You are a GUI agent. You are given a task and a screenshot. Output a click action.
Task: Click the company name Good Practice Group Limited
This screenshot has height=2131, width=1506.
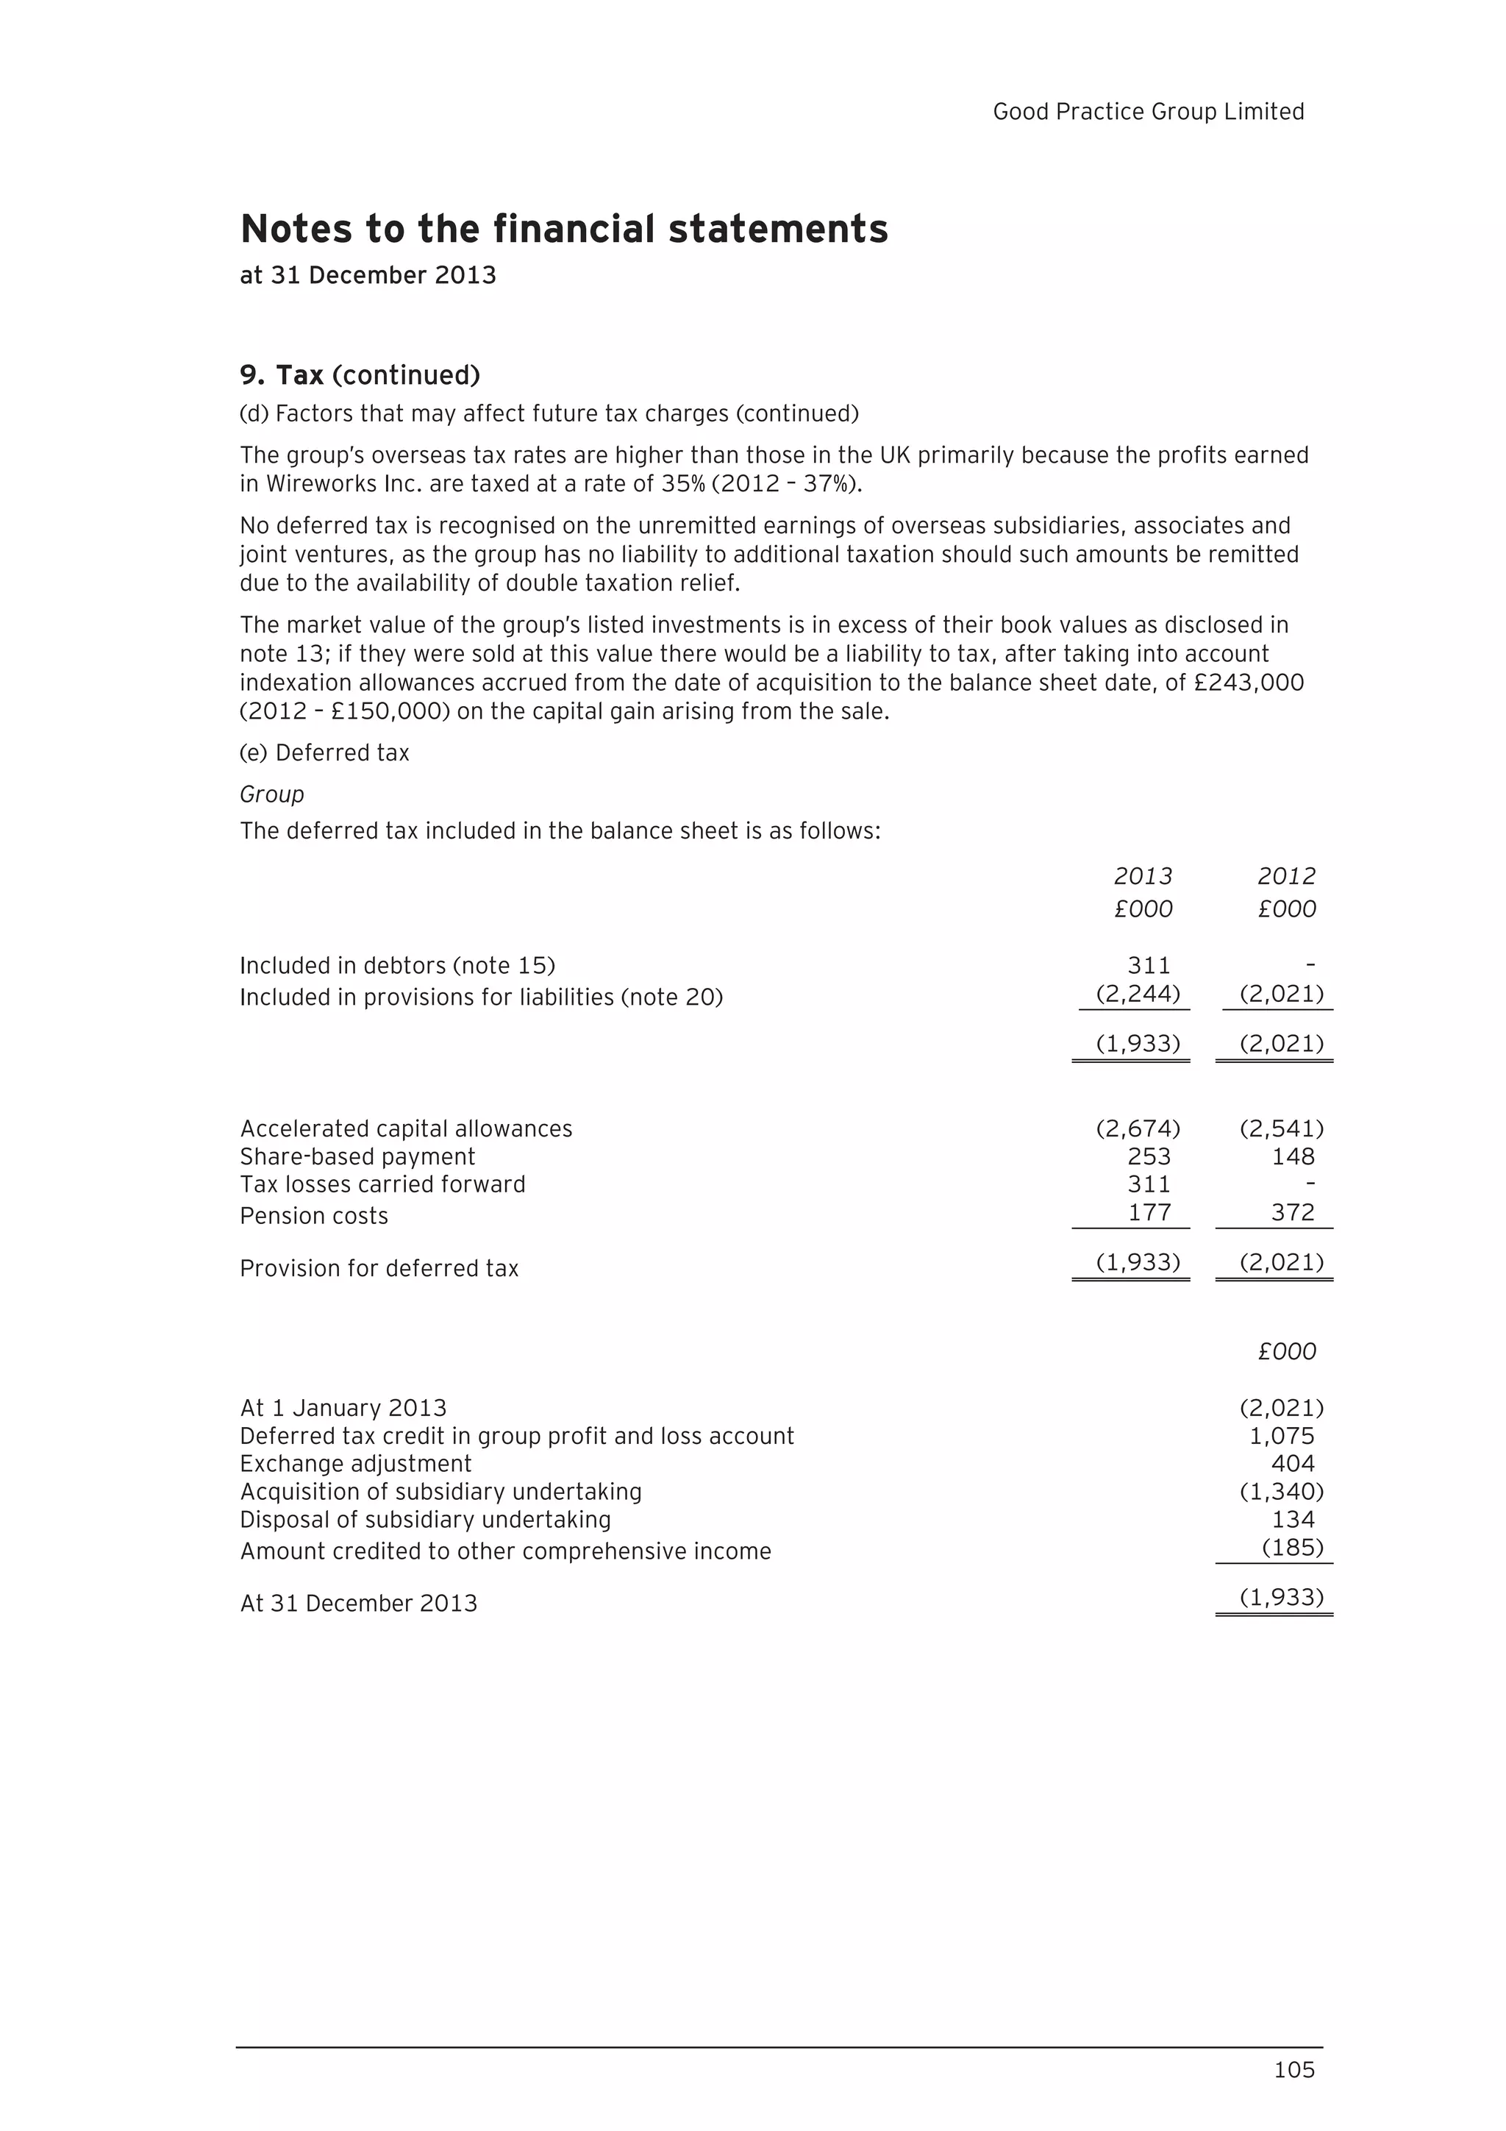[x=1148, y=111]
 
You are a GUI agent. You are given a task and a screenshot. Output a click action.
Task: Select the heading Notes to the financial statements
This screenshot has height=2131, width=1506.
[x=564, y=228]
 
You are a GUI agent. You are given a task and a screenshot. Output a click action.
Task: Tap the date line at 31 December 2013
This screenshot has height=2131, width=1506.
[x=368, y=276]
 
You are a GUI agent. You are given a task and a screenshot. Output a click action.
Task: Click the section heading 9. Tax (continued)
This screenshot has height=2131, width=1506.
[x=360, y=375]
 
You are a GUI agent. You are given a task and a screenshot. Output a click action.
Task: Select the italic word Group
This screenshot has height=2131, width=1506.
[x=272, y=794]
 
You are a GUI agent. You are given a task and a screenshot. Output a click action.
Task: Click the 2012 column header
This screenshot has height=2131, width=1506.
[x=1286, y=876]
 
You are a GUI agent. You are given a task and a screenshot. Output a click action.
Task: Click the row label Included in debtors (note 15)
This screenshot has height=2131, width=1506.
[x=397, y=965]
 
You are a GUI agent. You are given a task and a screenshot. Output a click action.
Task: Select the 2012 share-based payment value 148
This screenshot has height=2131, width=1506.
[x=1293, y=1156]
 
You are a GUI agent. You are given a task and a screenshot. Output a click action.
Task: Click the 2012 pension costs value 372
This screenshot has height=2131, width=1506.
[x=1293, y=1212]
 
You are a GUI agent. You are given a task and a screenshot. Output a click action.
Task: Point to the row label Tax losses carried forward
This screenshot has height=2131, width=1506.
[x=382, y=1184]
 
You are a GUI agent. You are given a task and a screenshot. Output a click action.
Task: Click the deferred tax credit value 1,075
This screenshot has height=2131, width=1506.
[x=1282, y=1436]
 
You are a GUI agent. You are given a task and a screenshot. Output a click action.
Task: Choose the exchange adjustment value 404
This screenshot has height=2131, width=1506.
[x=1293, y=1464]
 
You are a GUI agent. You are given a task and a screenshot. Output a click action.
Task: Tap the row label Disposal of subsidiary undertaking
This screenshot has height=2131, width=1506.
[x=425, y=1520]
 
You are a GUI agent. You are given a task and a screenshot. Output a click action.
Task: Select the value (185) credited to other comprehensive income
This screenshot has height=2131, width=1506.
[x=1292, y=1547]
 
